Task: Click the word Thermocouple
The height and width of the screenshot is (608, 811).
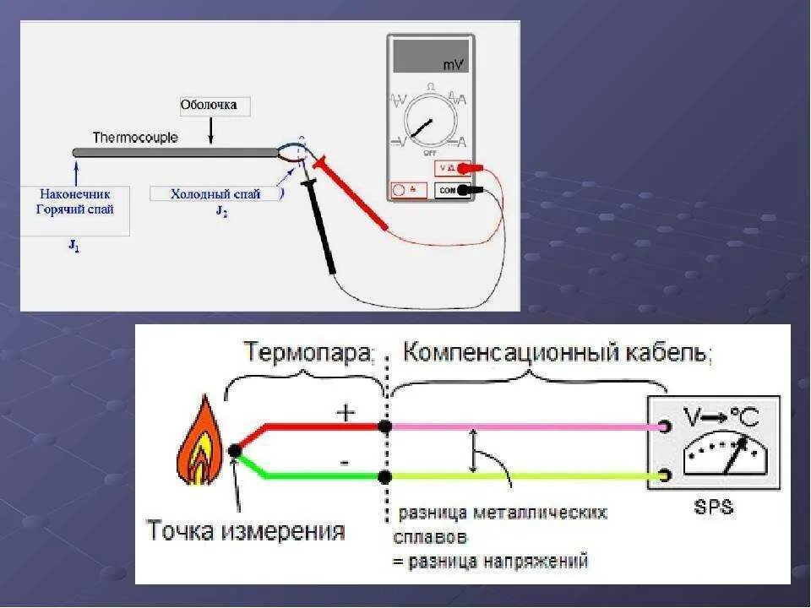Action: pyautogui.click(x=135, y=137)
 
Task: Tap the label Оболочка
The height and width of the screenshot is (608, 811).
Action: pyautogui.click(x=209, y=106)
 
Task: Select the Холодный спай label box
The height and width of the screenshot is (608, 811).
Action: pyautogui.click(x=215, y=194)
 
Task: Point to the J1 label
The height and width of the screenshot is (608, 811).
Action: pyautogui.click(x=74, y=247)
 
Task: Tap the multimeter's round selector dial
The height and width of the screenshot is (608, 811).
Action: pyautogui.click(x=431, y=124)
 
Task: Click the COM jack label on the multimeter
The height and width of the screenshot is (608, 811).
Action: pyautogui.click(x=448, y=191)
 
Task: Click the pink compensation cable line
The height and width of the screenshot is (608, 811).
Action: pyautogui.click(x=524, y=427)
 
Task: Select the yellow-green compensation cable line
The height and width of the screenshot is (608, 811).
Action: pyautogui.click(x=524, y=477)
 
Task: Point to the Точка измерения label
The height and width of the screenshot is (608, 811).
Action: pyautogui.click(x=246, y=531)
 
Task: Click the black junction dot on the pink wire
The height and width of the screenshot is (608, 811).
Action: pyautogui.click(x=385, y=427)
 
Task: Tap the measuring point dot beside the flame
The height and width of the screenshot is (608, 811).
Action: pyautogui.click(x=235, y=452)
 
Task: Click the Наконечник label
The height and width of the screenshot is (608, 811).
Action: pyautogui.click(x=74, y=194)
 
